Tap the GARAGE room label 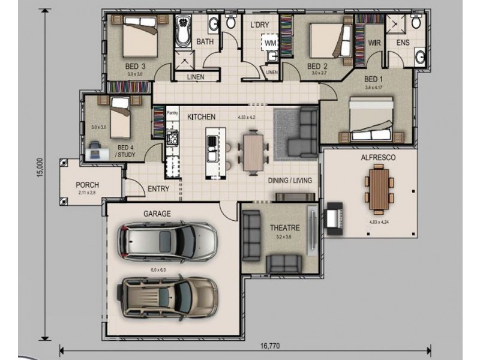click(x=157, y=214)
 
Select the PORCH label click(x=88, y=185)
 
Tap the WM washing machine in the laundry click(x=270, y=44)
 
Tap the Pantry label click(x=172, y=112)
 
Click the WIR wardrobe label click(x=374, y=43)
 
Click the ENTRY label click(x=158, y=189)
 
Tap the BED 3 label click(x=135, y=66)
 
